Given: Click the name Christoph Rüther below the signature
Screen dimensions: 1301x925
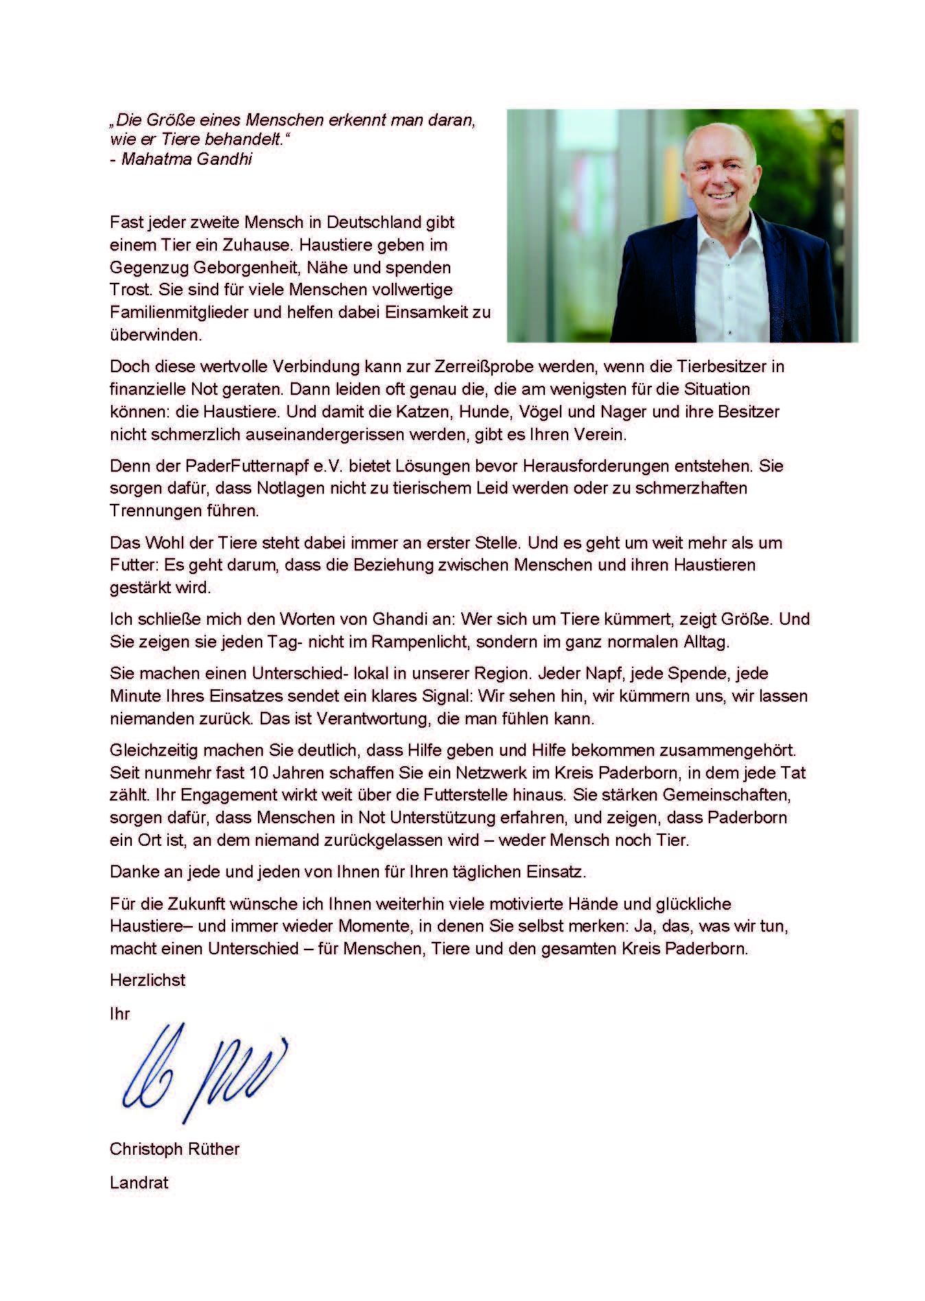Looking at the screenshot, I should point(174,1149).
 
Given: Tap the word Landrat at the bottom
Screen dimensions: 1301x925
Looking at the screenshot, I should point(139,1182).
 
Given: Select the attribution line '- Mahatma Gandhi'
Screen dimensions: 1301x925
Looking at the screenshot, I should point(181,159).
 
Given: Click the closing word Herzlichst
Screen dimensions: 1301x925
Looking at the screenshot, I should point(148,980).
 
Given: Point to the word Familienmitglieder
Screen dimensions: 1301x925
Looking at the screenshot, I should point(184,312).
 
